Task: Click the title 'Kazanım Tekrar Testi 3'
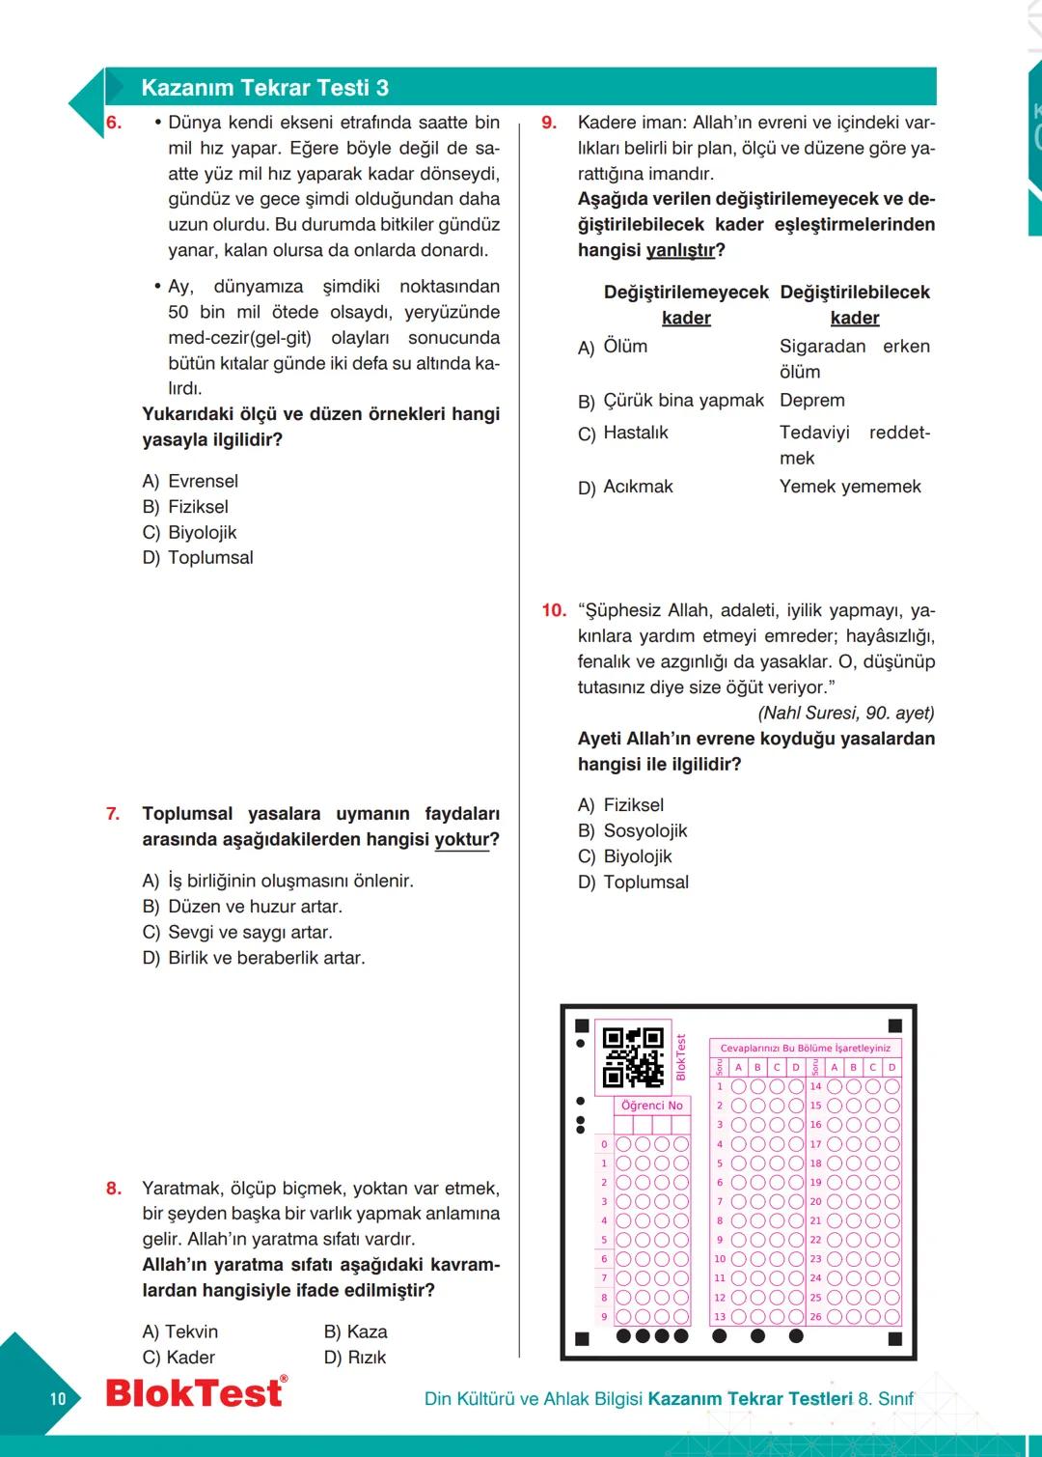point(264,88)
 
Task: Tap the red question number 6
point(114,123)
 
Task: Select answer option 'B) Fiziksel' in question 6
point(185,507)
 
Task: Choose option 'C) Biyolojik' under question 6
point(189,532)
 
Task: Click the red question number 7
point(113,814)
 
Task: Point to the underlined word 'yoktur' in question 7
point(463,840)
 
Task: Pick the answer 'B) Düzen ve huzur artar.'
point(242,907)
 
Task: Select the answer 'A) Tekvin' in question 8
point(180,1331)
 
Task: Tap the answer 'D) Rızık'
point(355,1358)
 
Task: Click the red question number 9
point(549,123)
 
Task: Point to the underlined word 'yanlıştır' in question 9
point(680,250)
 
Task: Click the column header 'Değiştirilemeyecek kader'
point(686,304)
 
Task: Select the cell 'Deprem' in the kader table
point(812,400)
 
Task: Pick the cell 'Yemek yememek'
point(850,487)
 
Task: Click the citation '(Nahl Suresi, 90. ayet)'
point(846,713)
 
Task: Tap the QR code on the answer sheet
point(633,1057)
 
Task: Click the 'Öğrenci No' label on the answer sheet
point(651,1106)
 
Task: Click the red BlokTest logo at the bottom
point(196,1392)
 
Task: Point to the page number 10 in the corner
point(58,1399)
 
